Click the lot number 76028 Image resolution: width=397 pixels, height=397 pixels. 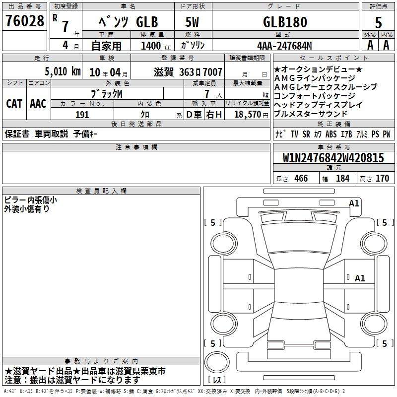click(24, 21)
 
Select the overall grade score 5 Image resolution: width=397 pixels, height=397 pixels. click(378, 22)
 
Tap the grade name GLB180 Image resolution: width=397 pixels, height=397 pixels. click(285, 22)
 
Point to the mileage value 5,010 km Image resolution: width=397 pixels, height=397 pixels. click(63, 71)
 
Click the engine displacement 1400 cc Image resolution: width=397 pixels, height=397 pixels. click(156, 46)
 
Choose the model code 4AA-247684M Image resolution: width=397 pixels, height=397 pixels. click(284, 46)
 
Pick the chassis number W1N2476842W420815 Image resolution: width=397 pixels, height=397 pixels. click(333, 158)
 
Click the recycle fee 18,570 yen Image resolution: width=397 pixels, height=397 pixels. click(251, 115)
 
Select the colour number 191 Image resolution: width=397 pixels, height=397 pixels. click(82, 115)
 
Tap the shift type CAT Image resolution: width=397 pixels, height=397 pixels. click(14, 104)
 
